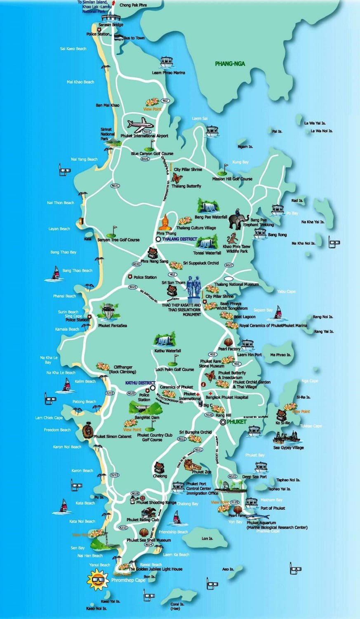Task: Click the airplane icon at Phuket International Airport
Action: [140, 124]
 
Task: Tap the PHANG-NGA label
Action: [230, 64]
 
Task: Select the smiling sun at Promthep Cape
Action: [98, 578]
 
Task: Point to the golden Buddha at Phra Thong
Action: [165, 222]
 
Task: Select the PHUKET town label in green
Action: [236, 422]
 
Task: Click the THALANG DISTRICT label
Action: [179, 239]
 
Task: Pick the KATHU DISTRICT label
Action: [140, 383]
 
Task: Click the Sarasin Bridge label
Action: [111, 25]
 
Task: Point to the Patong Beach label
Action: [84, 402]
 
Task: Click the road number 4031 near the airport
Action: [147, 132]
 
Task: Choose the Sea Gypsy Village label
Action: [288, 447]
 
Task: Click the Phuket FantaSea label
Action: [113, 326]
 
